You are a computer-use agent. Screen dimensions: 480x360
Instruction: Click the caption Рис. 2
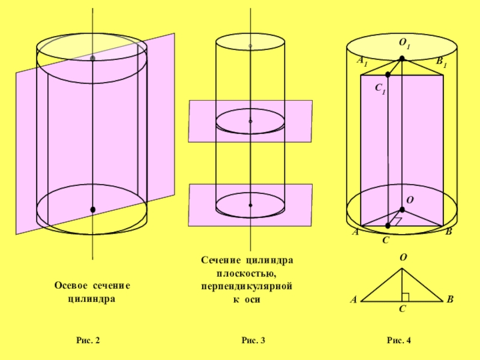click(88, 341)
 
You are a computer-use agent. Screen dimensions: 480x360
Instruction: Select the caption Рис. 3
click(253, 341)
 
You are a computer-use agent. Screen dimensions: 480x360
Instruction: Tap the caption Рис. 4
click(398, 341)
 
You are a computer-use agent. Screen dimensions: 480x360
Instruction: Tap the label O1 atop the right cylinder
click(404, 45)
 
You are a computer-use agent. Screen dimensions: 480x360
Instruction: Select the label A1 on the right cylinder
click(362, 61)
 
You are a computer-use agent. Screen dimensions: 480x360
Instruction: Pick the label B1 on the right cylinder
click(441, 61)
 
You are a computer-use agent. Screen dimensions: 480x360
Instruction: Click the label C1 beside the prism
click(380, 88)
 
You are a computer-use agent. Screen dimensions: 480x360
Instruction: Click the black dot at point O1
click(402, 58)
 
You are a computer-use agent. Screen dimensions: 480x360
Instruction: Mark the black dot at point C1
click(388, 74)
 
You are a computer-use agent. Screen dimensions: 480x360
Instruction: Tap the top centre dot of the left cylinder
click(92, 58)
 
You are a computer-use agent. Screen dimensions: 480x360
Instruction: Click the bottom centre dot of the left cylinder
click(92, 209)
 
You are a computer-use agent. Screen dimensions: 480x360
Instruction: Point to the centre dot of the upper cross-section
click(250, 121)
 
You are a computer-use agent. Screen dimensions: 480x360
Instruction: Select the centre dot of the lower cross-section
click(250, 205)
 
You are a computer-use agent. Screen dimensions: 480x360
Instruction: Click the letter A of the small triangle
click(353, 299)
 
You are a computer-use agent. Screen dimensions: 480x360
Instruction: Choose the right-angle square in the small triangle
click(406, 297)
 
